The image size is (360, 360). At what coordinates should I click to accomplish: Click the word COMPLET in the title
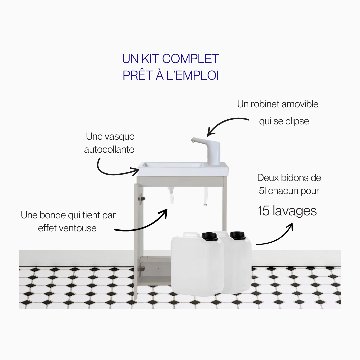click(191, 59)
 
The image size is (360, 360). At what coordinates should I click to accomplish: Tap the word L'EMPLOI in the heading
click(192, 75)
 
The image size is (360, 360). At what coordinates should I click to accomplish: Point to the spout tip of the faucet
click(193, 141)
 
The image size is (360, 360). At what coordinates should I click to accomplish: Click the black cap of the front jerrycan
click(209, 236)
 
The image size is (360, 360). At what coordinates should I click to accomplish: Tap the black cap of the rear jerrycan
click(238, 235)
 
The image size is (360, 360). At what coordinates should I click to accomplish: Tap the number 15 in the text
click(264, 211)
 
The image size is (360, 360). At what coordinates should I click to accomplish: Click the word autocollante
click(109, 149)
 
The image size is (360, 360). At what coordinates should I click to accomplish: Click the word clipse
click(297, 121)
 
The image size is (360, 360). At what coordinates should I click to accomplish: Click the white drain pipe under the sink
click(171, 195)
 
